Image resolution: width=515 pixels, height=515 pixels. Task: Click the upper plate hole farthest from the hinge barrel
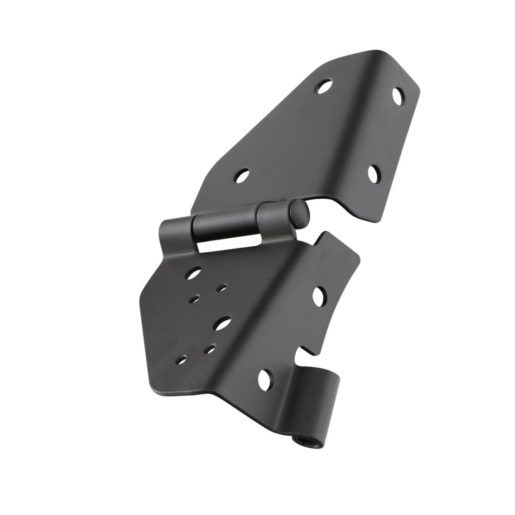click(x=324, y=87)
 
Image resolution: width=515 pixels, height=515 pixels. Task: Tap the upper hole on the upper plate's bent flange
click(x=397, y=96)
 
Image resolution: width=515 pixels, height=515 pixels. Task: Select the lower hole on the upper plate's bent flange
click(x=373, y=174)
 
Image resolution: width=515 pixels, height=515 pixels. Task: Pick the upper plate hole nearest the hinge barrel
click(x=242, y=176)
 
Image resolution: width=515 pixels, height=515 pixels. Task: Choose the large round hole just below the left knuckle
click(x=193, y=273)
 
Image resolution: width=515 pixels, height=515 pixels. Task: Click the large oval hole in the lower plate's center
click(x=221, y=323)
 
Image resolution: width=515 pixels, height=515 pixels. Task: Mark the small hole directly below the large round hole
click(x=194, y=299)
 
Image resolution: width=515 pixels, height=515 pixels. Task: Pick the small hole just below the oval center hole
click(x=210, y=349)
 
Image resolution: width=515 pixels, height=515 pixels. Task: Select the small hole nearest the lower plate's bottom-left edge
click(x=181, y=360)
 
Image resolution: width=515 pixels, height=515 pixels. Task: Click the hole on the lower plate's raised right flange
click(x=318, y=296)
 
